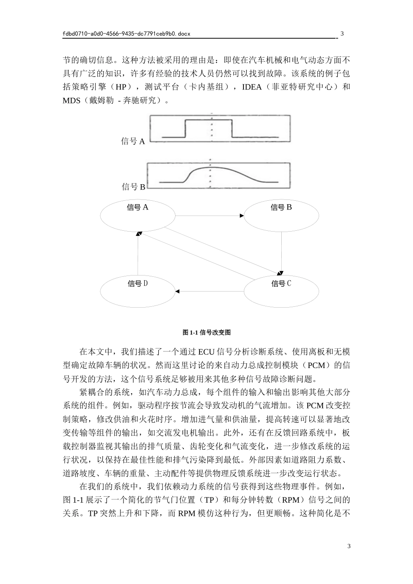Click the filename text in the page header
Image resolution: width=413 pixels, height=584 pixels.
[127, 33]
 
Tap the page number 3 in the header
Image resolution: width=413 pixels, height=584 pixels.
[342, 33]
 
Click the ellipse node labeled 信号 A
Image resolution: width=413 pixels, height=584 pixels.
[137, 216]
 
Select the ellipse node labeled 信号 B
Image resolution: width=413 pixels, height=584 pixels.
[281, 216]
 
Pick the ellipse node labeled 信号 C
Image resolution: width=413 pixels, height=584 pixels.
[281, 291]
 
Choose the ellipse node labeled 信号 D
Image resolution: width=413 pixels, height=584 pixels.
[137, 291]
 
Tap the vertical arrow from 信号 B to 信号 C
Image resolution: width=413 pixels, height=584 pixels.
[282, 252]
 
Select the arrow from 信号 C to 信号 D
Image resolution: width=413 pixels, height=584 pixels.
[209, 291]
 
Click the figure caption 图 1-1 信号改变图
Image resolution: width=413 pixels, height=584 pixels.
[206, 332]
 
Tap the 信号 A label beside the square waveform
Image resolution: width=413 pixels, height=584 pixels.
[133, 141]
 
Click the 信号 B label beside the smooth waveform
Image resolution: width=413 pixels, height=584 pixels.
[133, 187]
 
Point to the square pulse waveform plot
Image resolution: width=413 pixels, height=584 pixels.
[220, 129]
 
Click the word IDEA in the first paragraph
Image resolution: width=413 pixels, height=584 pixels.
[252, 87]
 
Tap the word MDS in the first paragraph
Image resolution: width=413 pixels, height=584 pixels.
[72, 100]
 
